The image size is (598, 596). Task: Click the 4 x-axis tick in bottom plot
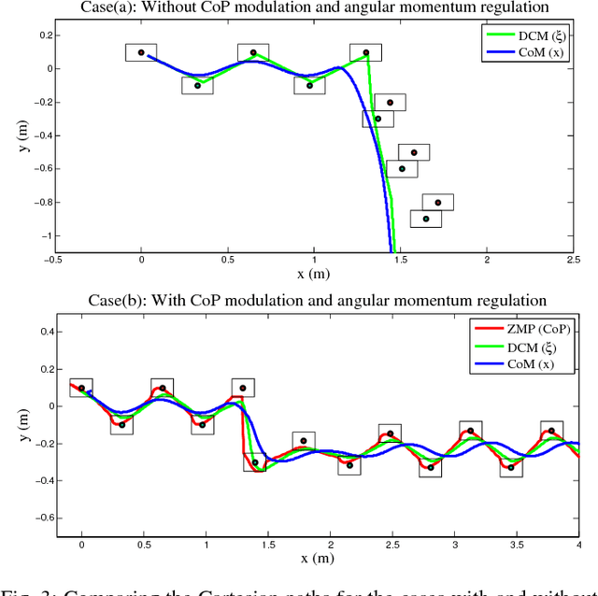[580, 545]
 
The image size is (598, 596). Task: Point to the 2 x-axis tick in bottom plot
[331, 545]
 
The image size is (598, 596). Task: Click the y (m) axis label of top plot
[12, 140]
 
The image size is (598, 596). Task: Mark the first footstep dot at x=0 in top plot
[141, 52]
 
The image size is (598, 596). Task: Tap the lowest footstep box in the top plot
[426, 219]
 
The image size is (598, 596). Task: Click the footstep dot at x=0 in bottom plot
[81, 388]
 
